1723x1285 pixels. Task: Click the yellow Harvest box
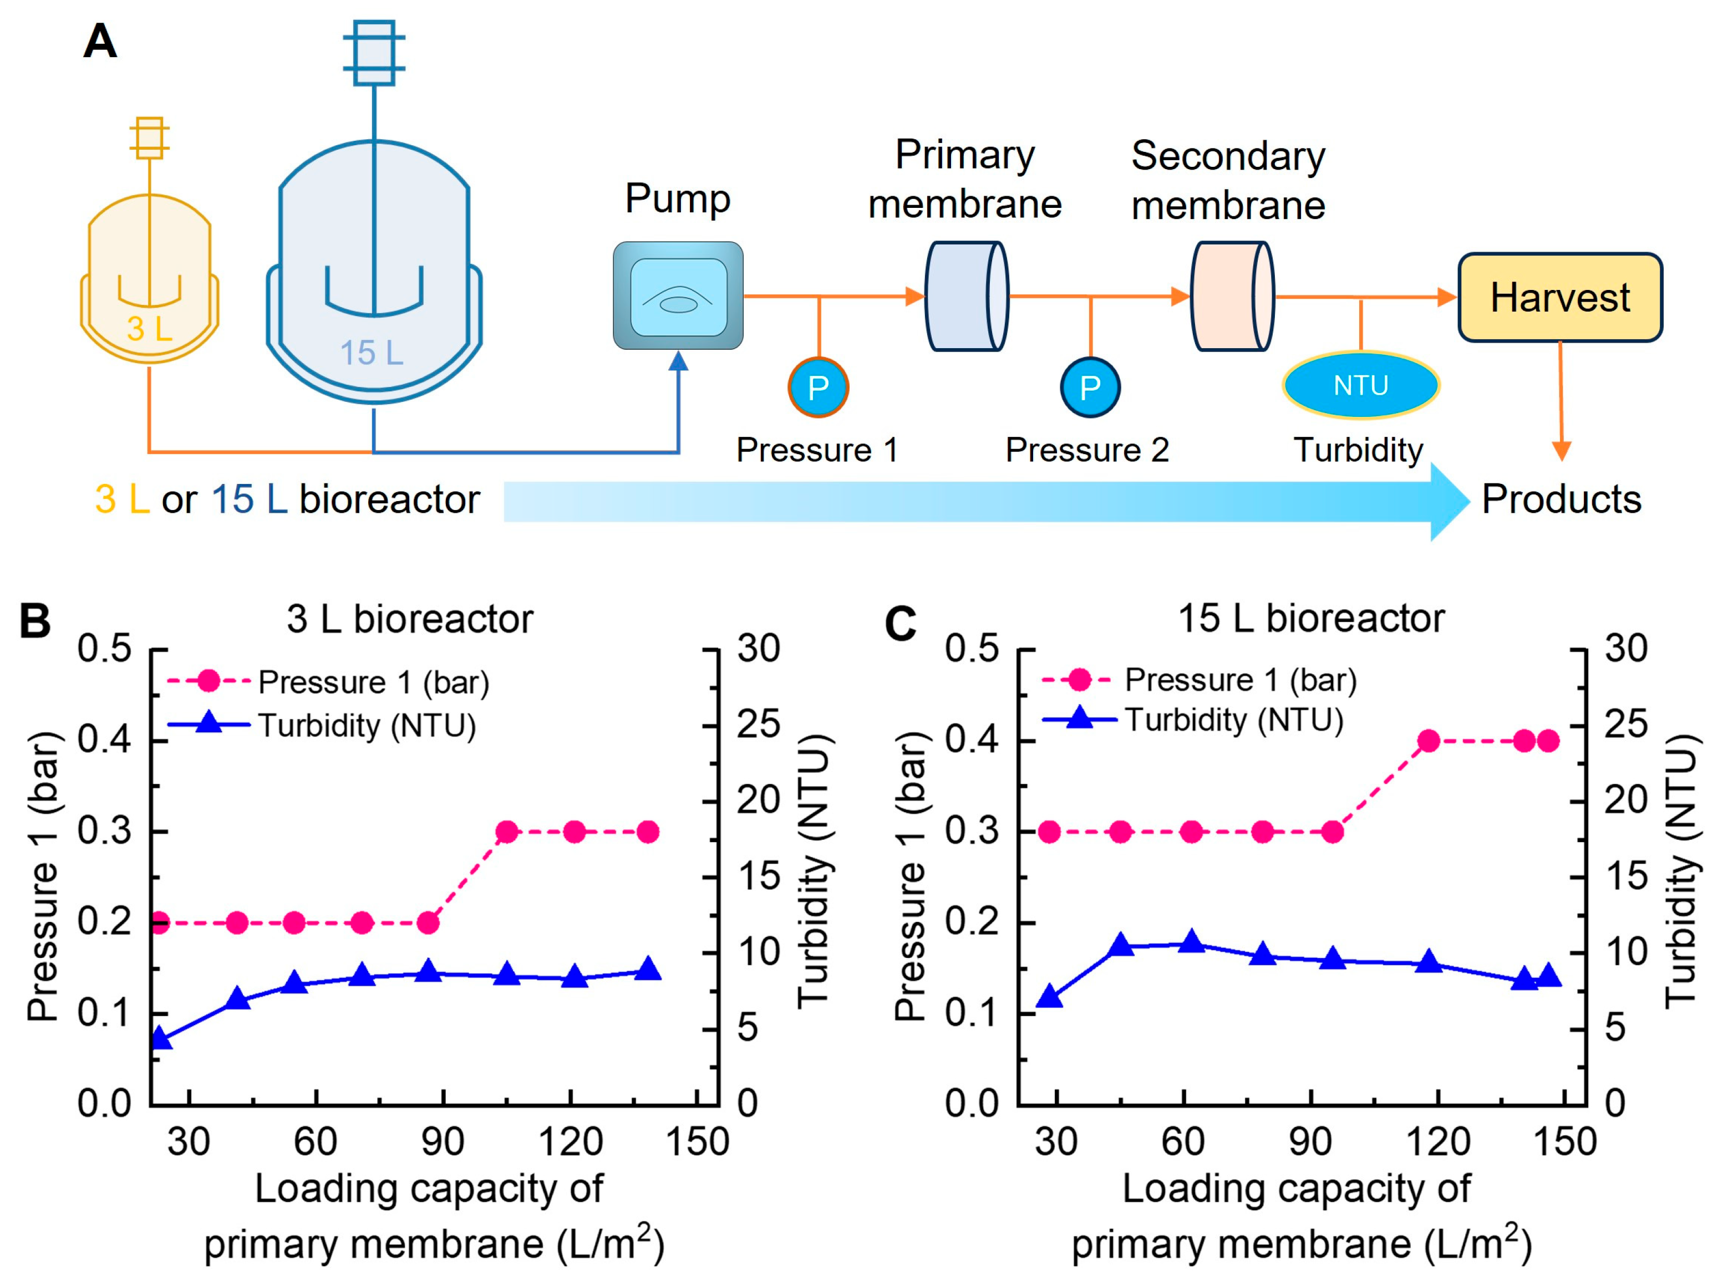tap(1559, 297)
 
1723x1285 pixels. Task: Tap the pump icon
tap(677, 295)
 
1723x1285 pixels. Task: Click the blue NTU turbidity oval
tap(1360, 385)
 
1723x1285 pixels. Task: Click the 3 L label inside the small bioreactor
tap(149, 328)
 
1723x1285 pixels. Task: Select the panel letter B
tap(35, 621)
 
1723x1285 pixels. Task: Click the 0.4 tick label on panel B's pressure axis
tap(104, 739)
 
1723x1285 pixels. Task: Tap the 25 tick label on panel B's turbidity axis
tap(759, 724)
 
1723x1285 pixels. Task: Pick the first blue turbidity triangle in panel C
tap(1050, 996)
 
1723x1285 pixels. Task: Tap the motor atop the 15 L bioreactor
tap(374, 52)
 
